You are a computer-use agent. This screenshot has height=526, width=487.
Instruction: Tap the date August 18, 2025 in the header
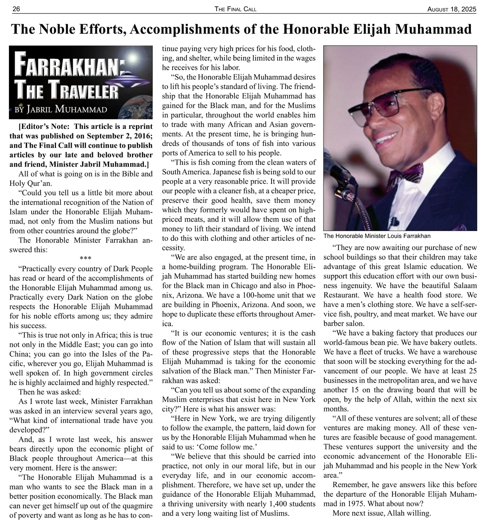pos(452,9)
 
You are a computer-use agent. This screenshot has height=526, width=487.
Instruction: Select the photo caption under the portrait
pos(377,236)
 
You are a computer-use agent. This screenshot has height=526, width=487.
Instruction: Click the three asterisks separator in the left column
pos(85,259)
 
